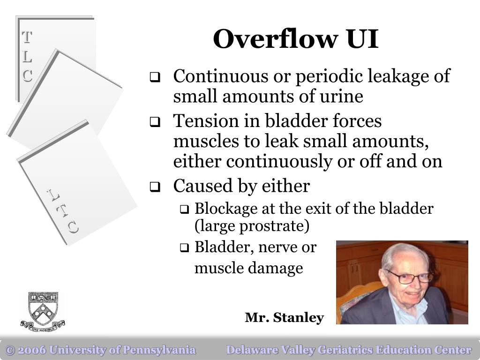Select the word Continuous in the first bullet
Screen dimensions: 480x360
[x=220, y=76]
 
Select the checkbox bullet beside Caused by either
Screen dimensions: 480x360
[x=155, y=187]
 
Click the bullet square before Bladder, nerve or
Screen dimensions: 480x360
[x=184, y=247]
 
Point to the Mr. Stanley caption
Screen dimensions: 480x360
[x=284, y=317]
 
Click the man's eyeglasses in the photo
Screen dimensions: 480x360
[x=409, y=277]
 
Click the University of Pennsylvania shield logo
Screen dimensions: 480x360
[x=43, y=311]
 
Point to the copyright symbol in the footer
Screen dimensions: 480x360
[x=10, y=350]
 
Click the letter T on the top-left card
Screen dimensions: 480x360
[x=27, y=37]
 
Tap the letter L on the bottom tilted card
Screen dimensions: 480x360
[x=53, y=195]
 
